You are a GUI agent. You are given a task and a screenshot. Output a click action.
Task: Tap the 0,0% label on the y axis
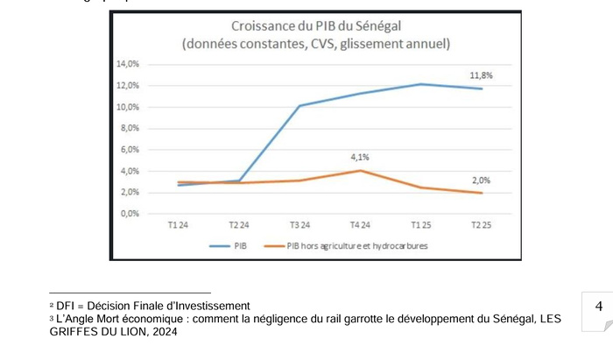click(130, 214)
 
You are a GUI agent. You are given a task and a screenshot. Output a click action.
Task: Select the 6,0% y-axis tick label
click(130, 150)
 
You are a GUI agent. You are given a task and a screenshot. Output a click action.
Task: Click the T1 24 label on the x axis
click(178, 226)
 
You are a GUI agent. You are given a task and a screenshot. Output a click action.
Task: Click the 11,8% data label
click(481, 76)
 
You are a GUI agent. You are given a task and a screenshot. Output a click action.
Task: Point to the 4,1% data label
click(360, 158)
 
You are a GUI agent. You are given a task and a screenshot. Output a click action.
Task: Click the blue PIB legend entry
click(235, 246)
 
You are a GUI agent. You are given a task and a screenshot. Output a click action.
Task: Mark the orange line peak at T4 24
click(359, 170)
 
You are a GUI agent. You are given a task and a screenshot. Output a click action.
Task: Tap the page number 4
click(598, 307)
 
